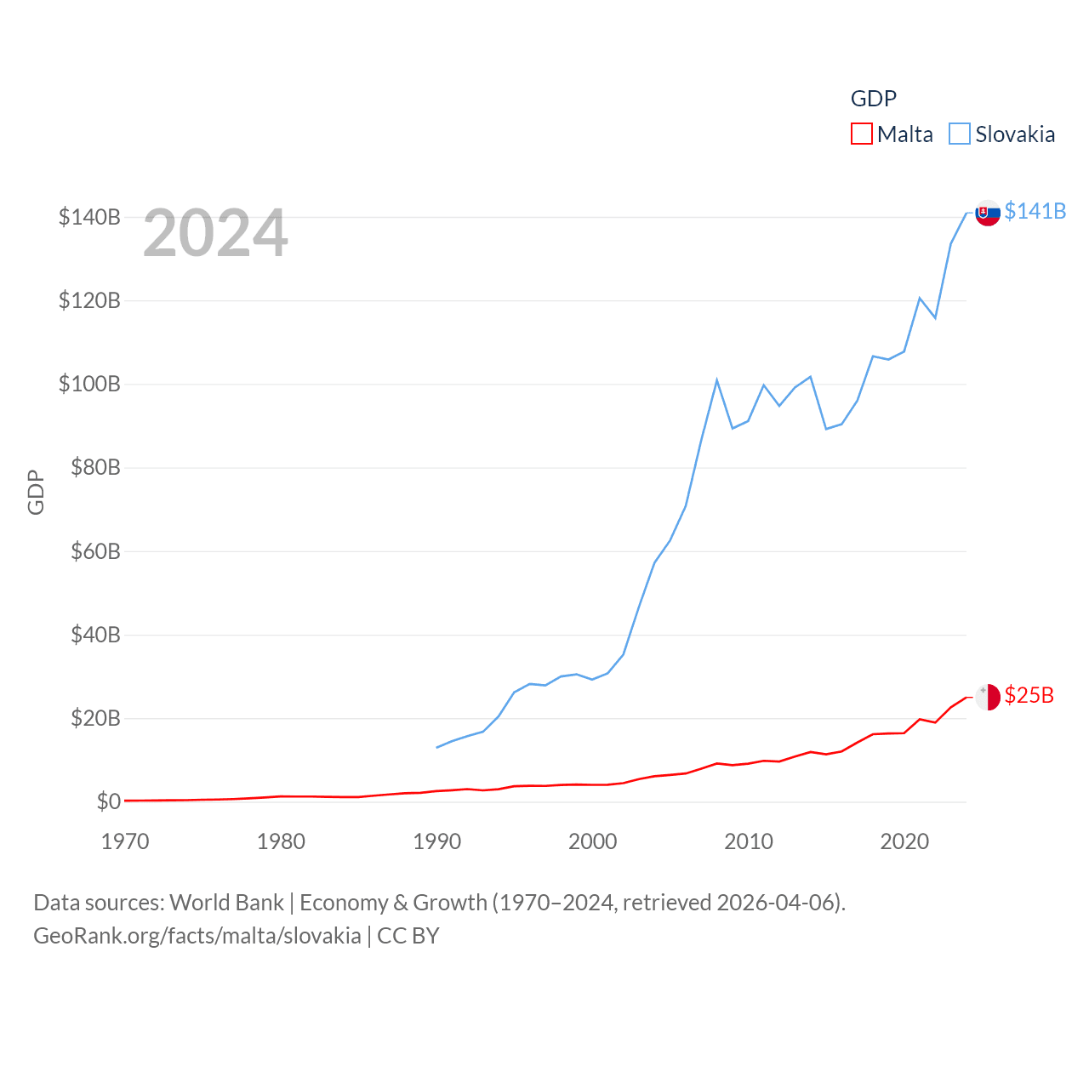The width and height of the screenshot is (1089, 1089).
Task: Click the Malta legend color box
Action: (x=862, y=134)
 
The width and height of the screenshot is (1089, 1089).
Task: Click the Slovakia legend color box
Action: (x=960, y=134)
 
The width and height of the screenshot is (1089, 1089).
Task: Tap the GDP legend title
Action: (x=874, y=99)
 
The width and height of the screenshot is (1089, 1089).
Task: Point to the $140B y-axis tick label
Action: (x=89, y=217)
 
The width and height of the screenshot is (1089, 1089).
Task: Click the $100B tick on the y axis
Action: (x=89, y=384)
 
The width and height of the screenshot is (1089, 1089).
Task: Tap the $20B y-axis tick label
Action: (x=95, y=718)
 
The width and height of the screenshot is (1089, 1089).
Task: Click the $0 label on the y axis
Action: (x=108, y=801)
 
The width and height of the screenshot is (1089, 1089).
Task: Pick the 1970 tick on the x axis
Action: (x=125, y=841)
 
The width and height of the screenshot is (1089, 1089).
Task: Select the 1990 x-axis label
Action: (x=436, y=841)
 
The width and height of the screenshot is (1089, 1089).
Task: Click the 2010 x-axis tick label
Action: (x=749, y=841)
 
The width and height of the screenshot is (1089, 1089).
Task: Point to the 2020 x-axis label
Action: (x=904, y=841)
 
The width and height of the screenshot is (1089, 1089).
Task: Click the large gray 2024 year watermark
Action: (x=215, y=233)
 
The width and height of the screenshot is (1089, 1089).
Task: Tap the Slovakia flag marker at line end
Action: (x=988, y=213)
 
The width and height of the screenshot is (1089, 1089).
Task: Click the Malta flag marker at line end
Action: (x=988, y=697)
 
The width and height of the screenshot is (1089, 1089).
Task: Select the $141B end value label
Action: (x=1035, y=211)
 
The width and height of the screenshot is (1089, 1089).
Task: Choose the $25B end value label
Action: (x=1029, y=695)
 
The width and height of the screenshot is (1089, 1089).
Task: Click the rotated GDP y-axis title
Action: (x=36, y=492)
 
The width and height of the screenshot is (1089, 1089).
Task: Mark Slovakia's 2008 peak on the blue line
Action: (x=717, y=380)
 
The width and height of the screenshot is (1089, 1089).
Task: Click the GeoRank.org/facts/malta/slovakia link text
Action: (x=197, y=936)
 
